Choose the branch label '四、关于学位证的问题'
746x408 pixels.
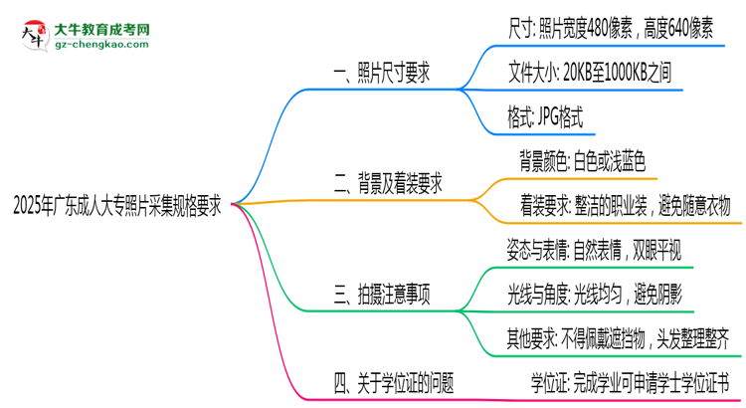392,380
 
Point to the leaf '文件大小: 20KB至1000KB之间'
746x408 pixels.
596,75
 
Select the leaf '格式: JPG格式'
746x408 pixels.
551,118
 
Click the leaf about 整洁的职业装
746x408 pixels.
625,205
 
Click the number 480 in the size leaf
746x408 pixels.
608,31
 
